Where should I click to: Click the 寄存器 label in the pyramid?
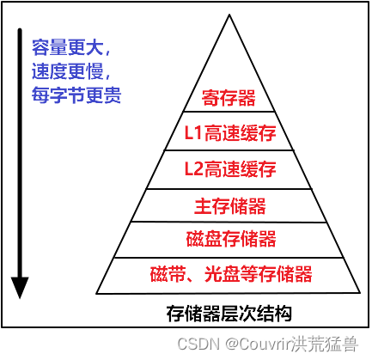pos(229,98)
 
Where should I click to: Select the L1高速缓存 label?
pos(230,133)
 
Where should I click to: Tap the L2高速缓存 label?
pos(230,168)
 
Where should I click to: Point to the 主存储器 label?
pos(230,205)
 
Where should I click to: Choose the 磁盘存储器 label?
pos(231,239)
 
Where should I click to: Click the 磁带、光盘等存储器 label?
pos(231,274)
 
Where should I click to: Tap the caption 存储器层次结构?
pos(229,314)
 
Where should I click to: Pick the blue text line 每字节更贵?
pos(76,95)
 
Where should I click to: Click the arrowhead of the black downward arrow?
pos(20,288)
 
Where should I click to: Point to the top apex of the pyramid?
pos(229,15)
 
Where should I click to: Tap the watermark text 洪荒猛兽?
pos(325,344)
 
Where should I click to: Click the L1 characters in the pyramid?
pos(193,133)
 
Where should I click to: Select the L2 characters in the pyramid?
pos(193,168)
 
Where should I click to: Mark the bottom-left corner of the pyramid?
pos(96,293)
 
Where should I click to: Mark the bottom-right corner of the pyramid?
pos(360,293)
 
